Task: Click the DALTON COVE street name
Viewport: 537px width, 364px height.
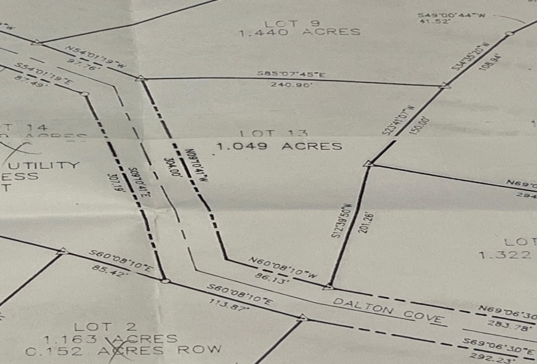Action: click(x=389, y=311)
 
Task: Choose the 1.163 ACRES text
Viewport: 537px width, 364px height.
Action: click(x=111, y=339)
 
